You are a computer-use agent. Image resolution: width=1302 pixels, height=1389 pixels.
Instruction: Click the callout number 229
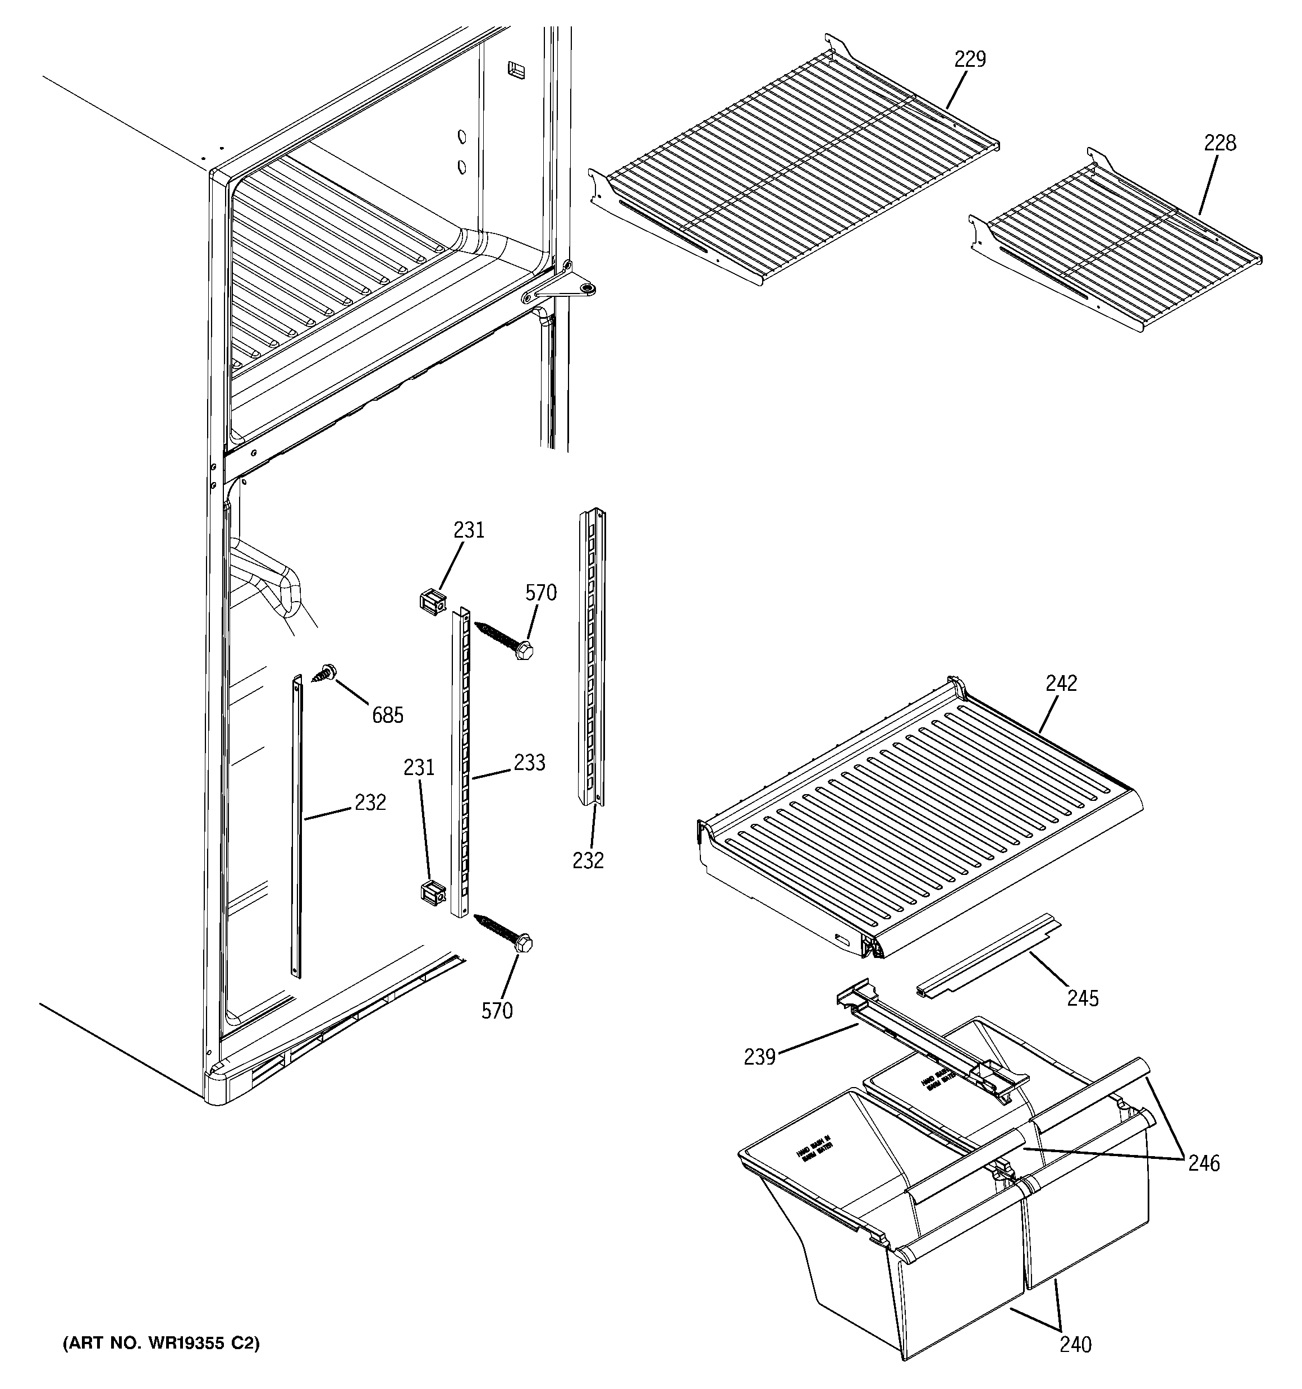point(970,59)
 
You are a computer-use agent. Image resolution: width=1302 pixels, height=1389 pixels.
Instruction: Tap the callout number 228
point(1220,143)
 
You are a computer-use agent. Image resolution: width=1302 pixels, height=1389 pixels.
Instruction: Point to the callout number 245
point(1083,998)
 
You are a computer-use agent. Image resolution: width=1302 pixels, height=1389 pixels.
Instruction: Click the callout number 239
point(760,1057)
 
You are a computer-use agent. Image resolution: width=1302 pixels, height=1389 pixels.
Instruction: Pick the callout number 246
point(1203,1163)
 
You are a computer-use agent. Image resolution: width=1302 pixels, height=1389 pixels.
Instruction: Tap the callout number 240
point(1075,1344)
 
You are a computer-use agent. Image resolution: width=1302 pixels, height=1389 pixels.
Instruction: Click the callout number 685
point(387,715)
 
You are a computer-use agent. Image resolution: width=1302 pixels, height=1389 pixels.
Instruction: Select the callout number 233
point(529,763)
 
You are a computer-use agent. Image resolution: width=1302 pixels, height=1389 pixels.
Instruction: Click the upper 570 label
point(541,593)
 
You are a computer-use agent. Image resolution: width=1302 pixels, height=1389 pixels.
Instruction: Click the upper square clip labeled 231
point(432,602)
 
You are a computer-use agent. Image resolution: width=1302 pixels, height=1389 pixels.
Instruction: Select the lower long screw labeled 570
point(503,932)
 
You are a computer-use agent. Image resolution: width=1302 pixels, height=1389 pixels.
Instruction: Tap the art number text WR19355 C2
point(161,1344)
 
